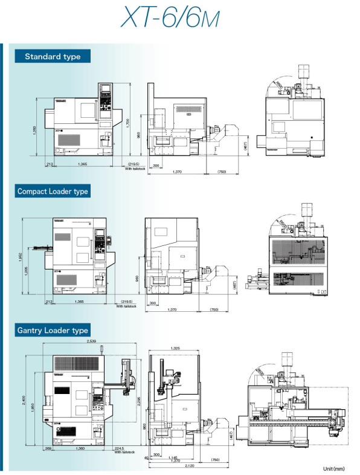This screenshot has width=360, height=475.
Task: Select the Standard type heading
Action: (x=53, y=57)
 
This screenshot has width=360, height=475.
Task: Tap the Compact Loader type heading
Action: (x=53, y=192)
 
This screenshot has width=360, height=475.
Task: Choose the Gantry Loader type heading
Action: (x=53, y=331)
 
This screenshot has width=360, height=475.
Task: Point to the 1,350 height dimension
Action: (x=35, y=131)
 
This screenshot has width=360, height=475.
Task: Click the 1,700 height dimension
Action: (x=127, y=123)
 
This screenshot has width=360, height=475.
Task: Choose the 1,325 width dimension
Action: (x=175, y=349)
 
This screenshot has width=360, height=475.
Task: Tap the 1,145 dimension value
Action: (x=175, y=457)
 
